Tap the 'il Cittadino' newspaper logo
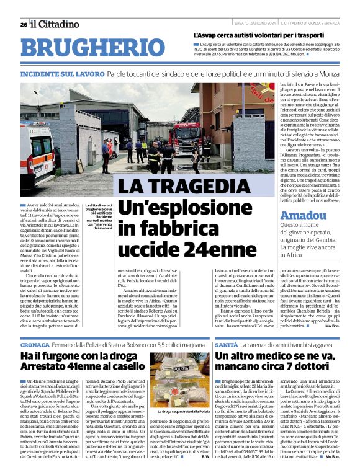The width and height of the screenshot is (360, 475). [x=55, y=24]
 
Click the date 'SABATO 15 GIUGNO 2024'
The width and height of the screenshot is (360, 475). [x=255, y=24]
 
